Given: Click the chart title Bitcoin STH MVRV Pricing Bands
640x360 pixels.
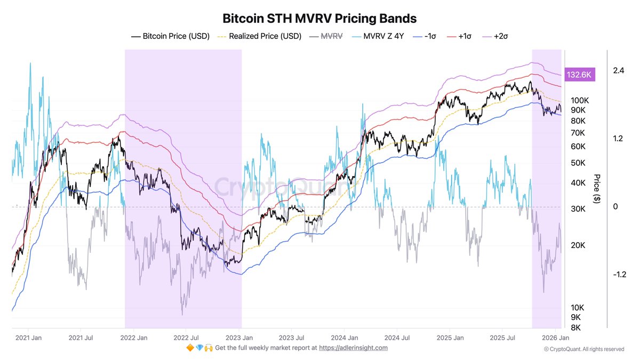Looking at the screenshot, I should click(319, 18).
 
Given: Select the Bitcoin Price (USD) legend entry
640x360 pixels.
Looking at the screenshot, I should click(170, 36).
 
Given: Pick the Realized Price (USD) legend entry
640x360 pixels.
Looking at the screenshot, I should click(259, 36).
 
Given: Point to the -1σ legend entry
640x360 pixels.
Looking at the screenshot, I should click(426, 36).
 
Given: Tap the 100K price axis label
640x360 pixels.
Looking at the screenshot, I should click(579, 100).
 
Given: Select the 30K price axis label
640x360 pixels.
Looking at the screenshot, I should click(578, 209).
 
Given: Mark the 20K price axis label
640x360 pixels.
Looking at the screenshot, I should click(578, 246).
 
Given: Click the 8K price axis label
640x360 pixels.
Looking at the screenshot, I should click(577, 328).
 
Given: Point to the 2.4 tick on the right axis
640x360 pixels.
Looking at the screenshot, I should click(619, 70).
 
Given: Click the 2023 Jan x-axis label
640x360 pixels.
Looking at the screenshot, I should click(240, 338).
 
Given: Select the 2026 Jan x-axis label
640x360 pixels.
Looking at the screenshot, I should click(556, 338).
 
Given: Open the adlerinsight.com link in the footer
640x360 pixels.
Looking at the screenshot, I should click(354, 348).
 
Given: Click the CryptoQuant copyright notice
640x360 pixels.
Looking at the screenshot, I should click(584, 349).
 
